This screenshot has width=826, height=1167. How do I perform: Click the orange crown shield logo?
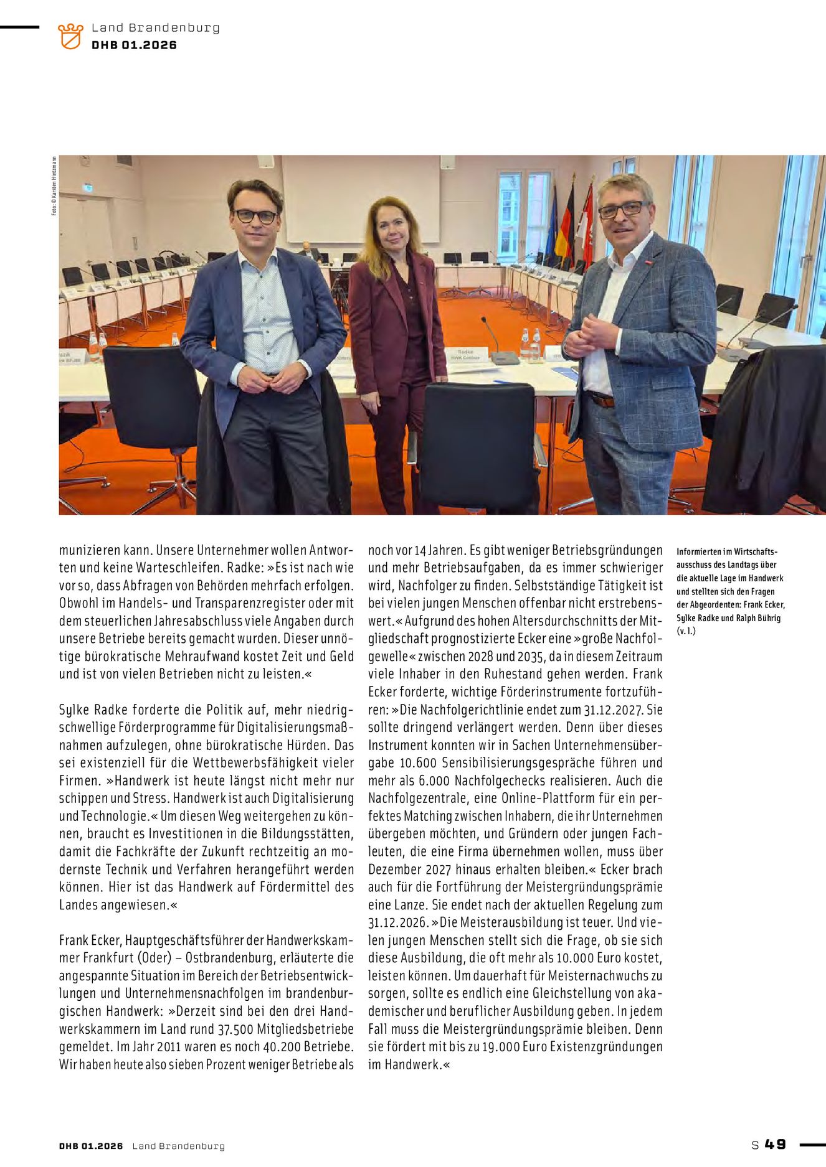point(70,36)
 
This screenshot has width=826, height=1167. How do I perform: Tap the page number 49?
point(776,1144)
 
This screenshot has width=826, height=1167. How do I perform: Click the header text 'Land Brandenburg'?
point(155,28)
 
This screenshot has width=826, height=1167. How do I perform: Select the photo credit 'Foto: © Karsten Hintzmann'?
point(54,185)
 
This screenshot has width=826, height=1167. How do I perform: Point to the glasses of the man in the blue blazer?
point(255,217)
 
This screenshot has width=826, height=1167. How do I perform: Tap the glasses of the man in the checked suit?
point(621,210)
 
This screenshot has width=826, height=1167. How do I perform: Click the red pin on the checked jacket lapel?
point(650,263)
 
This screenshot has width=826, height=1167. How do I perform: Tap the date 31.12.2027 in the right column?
point(614,710)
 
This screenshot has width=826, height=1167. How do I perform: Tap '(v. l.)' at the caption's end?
point(686,631)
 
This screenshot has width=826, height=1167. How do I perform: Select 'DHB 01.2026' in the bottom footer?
point(91,1146)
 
